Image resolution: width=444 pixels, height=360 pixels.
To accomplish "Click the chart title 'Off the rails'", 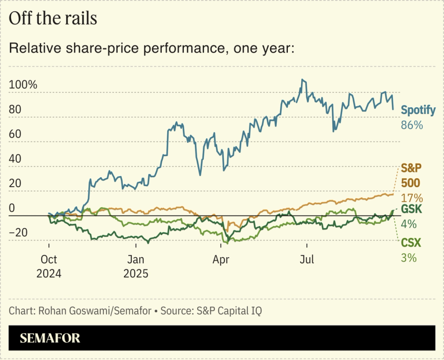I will coord(53,18).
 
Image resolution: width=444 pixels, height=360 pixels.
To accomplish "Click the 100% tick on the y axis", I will coord(23,85).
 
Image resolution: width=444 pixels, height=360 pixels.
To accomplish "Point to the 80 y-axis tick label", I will coord(15,109).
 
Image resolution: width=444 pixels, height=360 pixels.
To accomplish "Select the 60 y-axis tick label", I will coord(15,134).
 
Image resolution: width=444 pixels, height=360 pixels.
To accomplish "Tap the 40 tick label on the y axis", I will coord(15,159).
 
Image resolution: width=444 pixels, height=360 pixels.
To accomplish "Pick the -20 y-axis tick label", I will coord(20,232).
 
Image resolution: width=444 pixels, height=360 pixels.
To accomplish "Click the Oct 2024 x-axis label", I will coord(49,266).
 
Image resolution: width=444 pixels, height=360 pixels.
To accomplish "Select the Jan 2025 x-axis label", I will coord(137,266).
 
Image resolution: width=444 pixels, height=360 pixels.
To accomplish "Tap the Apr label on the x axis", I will coord(221,259).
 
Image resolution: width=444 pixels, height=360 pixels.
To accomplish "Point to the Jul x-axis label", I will coord(306,259).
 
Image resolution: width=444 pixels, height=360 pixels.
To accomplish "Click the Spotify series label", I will coord(418,110).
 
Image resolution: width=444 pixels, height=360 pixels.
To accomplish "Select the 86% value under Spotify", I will coord(412,126).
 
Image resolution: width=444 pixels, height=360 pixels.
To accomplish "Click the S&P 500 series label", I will coord(411,175).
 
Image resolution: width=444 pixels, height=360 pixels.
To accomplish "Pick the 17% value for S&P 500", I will coord(412,198).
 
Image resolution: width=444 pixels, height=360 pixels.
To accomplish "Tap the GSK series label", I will coord(412,209).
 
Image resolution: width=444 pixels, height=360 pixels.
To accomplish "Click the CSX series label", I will coord(411,243).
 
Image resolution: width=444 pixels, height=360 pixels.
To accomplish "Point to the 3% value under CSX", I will coord(408,257).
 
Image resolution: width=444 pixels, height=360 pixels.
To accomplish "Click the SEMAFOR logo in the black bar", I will coord(50,338).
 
